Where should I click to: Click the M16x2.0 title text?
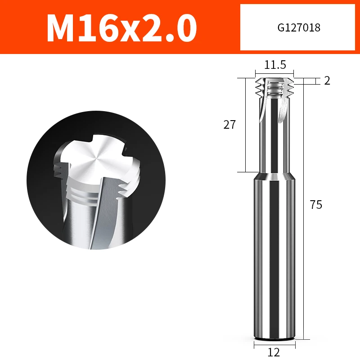tap(121, 28)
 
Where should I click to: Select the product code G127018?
tap(299, 28)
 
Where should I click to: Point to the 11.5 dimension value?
tap(275, 65)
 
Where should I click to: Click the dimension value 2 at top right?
tap(327, 81)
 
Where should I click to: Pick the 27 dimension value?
tap(229, 125)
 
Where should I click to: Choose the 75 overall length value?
tap(316, 205)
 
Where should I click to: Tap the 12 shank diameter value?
tap(274, 352)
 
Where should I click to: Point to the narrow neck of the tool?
tap(274, 144)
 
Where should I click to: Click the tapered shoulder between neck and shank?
tap(274, 176)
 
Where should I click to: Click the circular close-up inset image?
tap(96, 180)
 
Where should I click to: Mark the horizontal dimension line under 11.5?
tap(274, 72)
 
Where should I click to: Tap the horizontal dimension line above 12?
tap(274, 345)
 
